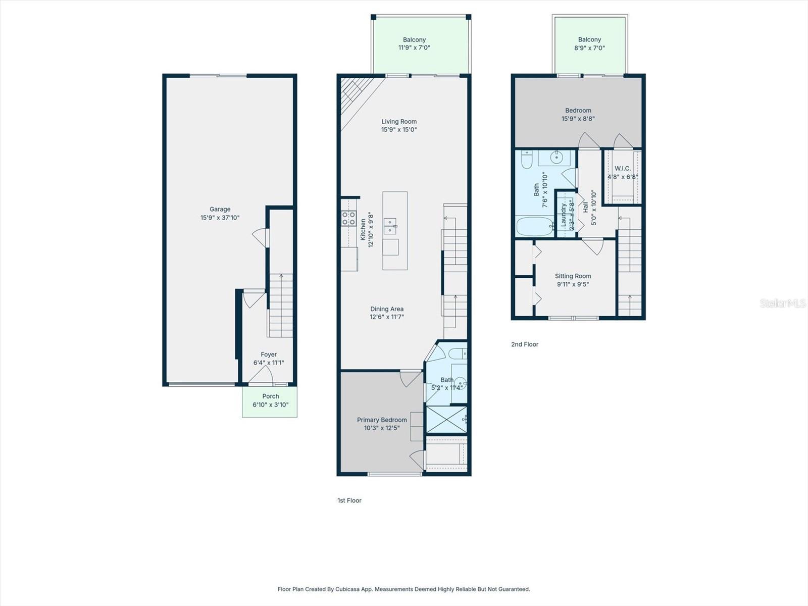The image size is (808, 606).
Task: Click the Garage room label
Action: [220, 209]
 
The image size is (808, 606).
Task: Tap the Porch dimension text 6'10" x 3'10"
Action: [270, 405]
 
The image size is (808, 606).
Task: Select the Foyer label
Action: [269, 355]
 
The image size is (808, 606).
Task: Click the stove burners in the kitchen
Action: [348, 218]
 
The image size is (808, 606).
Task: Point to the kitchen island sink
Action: [389, 226]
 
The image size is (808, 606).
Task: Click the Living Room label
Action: [399, 121]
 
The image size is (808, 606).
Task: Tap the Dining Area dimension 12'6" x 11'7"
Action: [386, 317]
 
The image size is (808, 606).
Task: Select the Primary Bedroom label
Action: [382, 420]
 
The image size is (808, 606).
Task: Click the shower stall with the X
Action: [446, 419]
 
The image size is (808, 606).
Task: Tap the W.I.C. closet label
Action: [622, 169]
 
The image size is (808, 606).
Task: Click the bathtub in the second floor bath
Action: [535, 227]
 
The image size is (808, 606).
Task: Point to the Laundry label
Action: [564, 215]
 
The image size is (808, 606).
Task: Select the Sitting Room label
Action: [573, 276]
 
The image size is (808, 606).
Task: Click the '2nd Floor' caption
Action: [525, 344]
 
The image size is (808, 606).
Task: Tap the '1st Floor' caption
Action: [349, 500]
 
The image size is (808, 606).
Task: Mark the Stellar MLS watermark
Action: [782, 303]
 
